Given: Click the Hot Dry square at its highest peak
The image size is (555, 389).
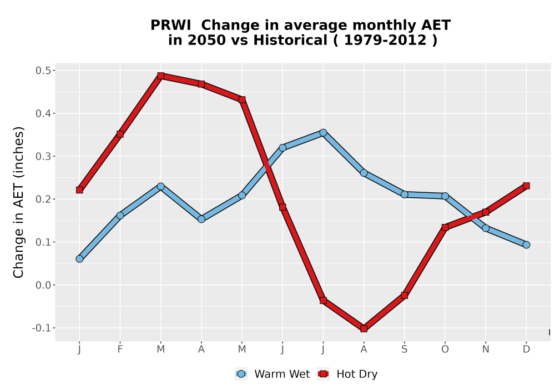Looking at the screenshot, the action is coord(161,76).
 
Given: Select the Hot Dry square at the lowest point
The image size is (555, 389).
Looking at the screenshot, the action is coord(364,328).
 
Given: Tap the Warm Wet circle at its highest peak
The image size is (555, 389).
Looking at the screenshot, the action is coord(323,133).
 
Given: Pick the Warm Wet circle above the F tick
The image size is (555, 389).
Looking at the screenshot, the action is coord(120,216).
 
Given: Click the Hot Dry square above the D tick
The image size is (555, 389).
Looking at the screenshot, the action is coord(526,186).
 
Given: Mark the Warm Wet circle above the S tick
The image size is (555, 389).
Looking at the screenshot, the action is coord(405,194).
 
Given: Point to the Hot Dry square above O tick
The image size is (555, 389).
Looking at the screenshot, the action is coord(445,227).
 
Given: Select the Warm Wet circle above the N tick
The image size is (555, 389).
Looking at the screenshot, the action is coord(486,228).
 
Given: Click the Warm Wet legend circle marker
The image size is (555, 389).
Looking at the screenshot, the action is coord(241,374).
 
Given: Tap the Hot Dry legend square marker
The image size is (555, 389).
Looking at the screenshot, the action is coord(323,374).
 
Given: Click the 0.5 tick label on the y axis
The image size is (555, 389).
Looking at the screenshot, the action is coord(43,71).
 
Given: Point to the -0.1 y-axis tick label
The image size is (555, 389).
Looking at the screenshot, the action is coord(42,328).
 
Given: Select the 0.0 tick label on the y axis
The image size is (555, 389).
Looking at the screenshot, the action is coord(43,285).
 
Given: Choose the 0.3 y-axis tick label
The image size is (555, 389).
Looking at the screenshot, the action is coord(43,156).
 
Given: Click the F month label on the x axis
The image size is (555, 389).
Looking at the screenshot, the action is coord(120,350).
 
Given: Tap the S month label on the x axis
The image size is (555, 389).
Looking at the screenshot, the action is coord(405,350).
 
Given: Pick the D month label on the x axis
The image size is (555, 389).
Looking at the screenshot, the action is coord(526,350).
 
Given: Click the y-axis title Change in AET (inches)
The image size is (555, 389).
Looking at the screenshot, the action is coord(18,202).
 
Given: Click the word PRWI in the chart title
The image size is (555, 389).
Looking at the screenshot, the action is coord(170,26).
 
